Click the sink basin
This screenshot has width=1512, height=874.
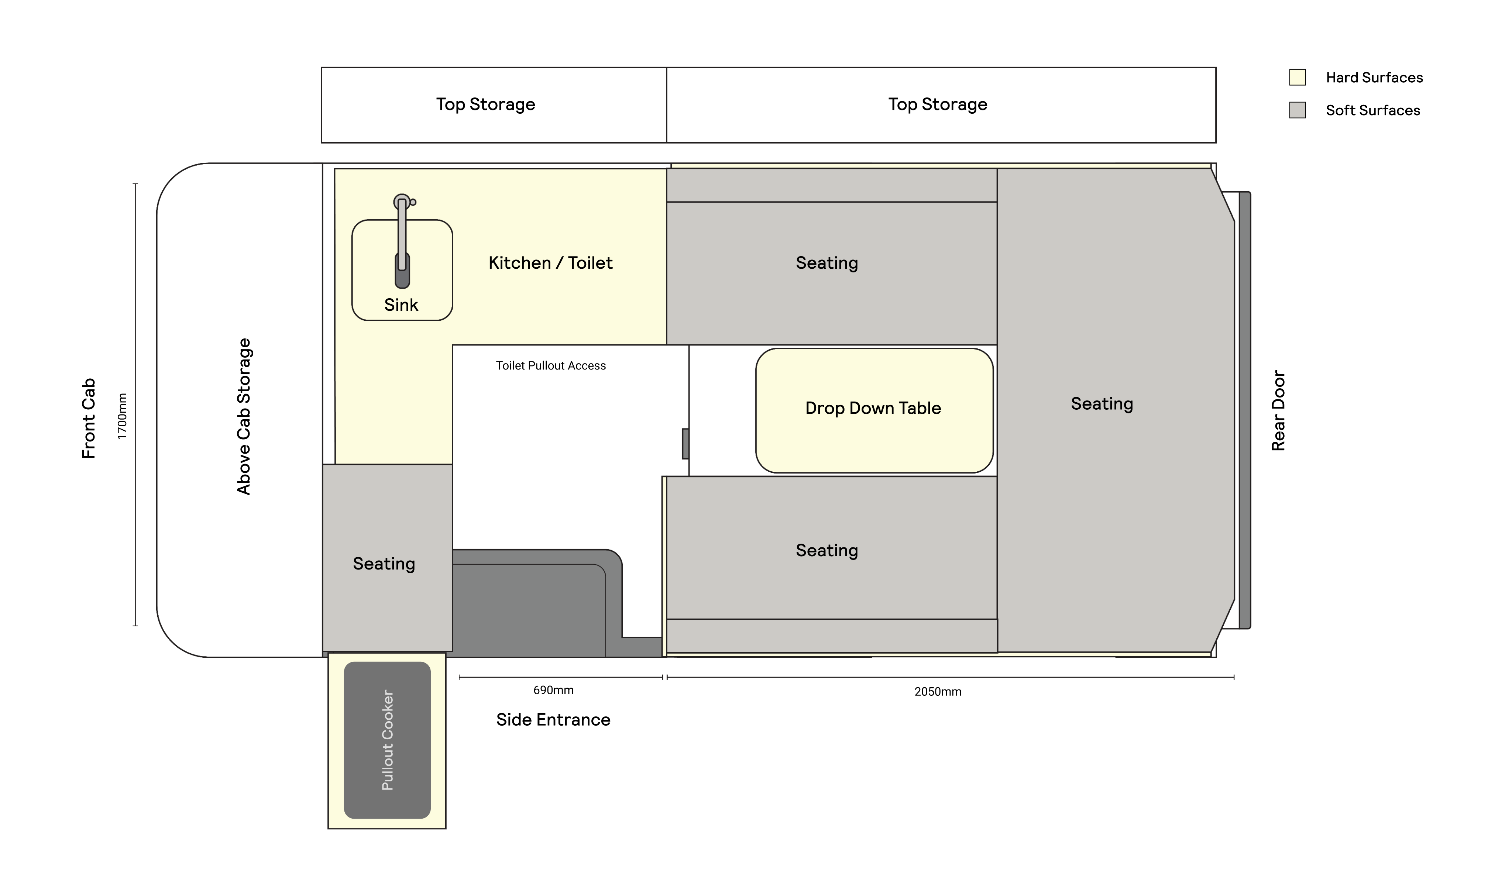click(x=402, y=270)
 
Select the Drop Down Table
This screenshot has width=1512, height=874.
click(x=874, y=410)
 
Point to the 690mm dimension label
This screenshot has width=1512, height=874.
click(x=553, y=691)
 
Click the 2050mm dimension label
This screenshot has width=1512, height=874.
click(x=938, y=692)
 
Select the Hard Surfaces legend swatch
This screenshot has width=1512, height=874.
click(x=1297, y=78)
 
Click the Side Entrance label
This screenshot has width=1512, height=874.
click(x=553, y=720)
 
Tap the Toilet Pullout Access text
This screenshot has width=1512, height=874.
click(x=551, y=366)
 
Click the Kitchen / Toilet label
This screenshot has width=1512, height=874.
click(x=550, y=263)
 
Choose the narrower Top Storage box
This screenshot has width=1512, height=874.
click(x=494, y=105)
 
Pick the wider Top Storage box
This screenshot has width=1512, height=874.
click(x=941, y=105)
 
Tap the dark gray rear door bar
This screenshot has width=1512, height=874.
click(x=1245, y=410)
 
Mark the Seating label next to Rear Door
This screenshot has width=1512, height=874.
click(x=1102, y=404)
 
